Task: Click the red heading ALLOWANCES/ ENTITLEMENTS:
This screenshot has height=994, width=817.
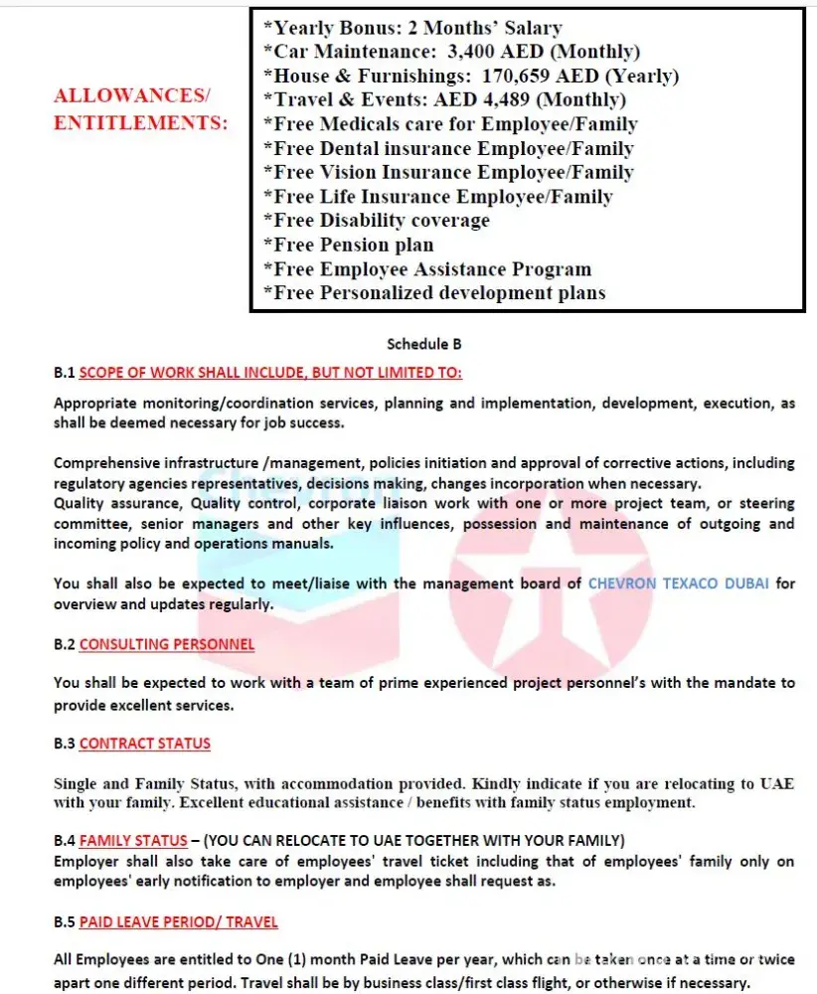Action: click(x=139, y=110)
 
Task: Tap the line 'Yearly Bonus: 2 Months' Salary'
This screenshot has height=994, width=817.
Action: click(x=411, y=28)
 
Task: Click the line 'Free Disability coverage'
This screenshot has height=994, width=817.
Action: click(x=376, y=221)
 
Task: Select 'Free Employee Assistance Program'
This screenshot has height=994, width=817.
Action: click(x=426, y=269)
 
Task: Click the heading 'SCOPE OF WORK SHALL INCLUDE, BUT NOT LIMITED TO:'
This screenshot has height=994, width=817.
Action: click(x=270, y=373)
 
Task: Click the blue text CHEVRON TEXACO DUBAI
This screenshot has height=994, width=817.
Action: click(x=678, y=583)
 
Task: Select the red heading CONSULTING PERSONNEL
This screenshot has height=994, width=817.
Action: click(x=167, y=644)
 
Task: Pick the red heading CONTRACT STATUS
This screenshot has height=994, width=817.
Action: click(x=145, y=744)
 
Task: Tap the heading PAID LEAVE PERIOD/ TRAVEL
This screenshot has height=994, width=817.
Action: click(x=179, y=922)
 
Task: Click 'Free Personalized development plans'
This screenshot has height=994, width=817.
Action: click(x=433, y=293)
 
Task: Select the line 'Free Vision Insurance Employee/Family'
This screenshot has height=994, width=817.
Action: click(x=447, y=172)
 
